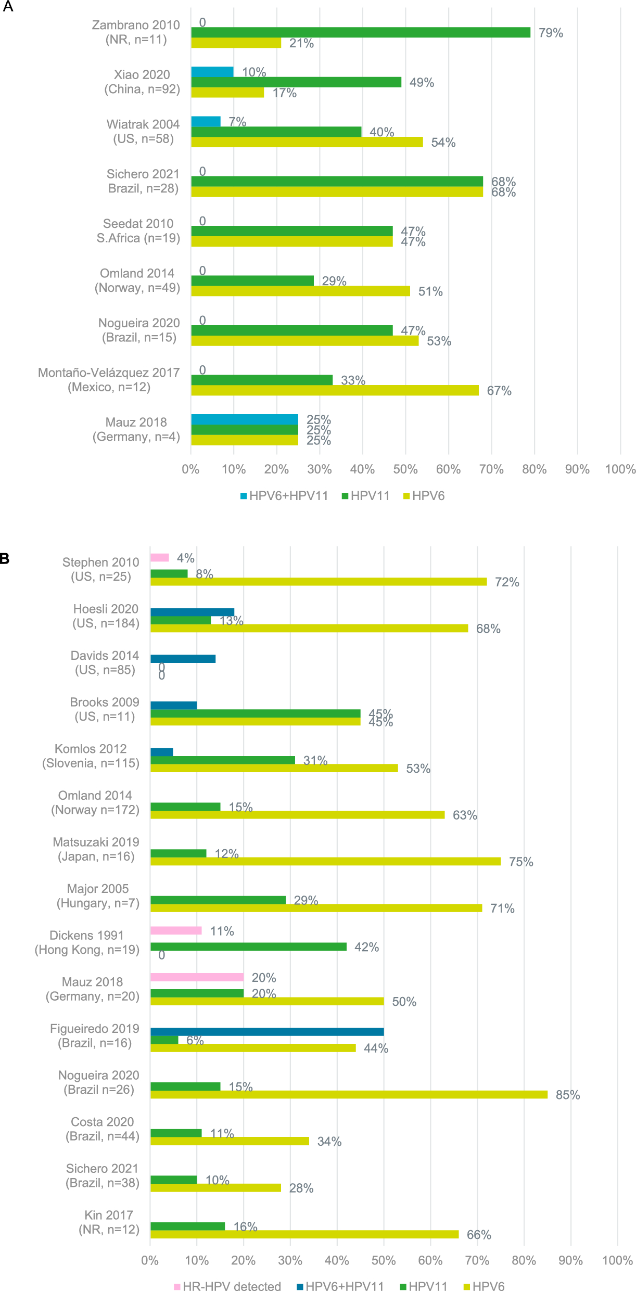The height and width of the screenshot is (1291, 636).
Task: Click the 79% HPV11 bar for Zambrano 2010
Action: pos(361,32)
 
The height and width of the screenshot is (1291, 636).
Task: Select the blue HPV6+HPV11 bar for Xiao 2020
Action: pos(212,72)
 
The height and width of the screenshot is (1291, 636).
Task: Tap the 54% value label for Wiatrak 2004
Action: pos(443,143)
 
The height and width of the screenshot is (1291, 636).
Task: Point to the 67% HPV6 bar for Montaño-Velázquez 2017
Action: pos(335,390)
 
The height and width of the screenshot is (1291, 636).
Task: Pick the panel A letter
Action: pos(8,7)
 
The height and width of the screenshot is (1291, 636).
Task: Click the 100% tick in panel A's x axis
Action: pos(620,469)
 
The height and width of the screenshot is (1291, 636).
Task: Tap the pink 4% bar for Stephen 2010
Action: pos(160,558)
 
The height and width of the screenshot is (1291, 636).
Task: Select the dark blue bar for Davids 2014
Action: pos(183,659)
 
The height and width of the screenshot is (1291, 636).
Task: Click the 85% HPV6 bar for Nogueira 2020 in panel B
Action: pos(349,1095)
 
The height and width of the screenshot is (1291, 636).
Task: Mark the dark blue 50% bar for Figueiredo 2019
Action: pos(267,1032)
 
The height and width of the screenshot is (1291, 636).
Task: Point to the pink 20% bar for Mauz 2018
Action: pos(197,977)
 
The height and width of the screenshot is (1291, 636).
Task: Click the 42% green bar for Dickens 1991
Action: pos(248,947)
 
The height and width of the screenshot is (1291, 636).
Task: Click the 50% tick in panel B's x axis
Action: pos(384,1260)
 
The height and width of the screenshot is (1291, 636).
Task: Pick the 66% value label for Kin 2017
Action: pos(479,1235)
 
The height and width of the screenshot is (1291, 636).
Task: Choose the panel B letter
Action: pos(5,559)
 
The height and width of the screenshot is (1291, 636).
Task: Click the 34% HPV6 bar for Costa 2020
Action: pos(230,1141)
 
